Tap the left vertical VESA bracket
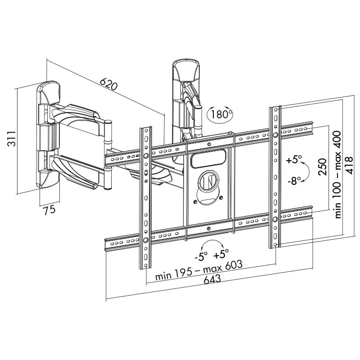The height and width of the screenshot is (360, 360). (x=145, y=198)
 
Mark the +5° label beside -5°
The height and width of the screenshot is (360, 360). (x=221, y=255)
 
